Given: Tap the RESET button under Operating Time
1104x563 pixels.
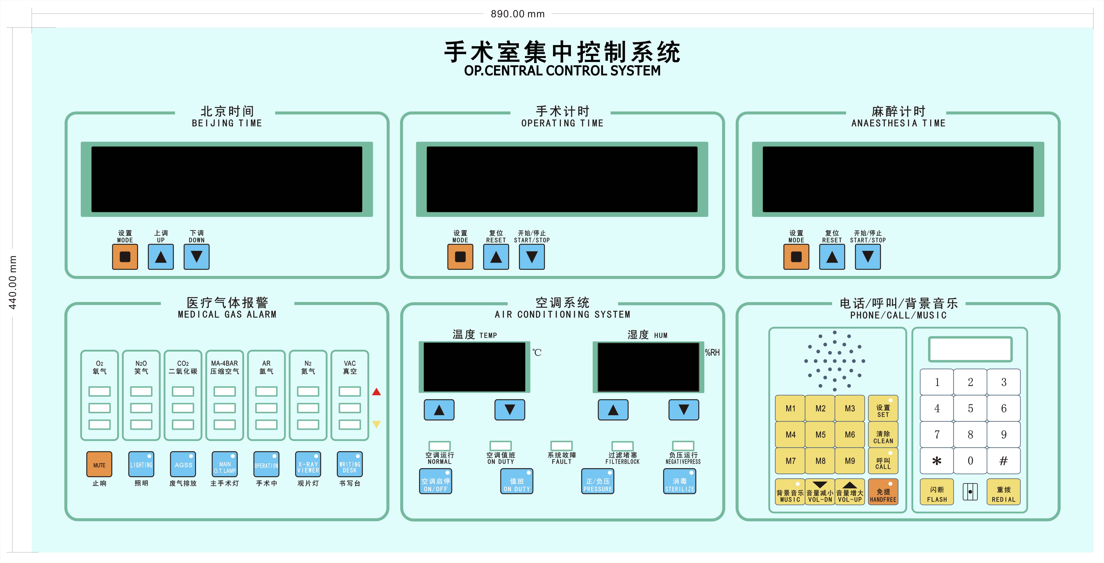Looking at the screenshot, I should tap(496, 257).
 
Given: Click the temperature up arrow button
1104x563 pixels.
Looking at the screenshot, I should tap(439, 410).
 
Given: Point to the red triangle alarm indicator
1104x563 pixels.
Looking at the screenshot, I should tap(376, 392).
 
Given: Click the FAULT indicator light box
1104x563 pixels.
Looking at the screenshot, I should tap(562, 446).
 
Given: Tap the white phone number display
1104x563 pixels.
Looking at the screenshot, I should tap(970, 349).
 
